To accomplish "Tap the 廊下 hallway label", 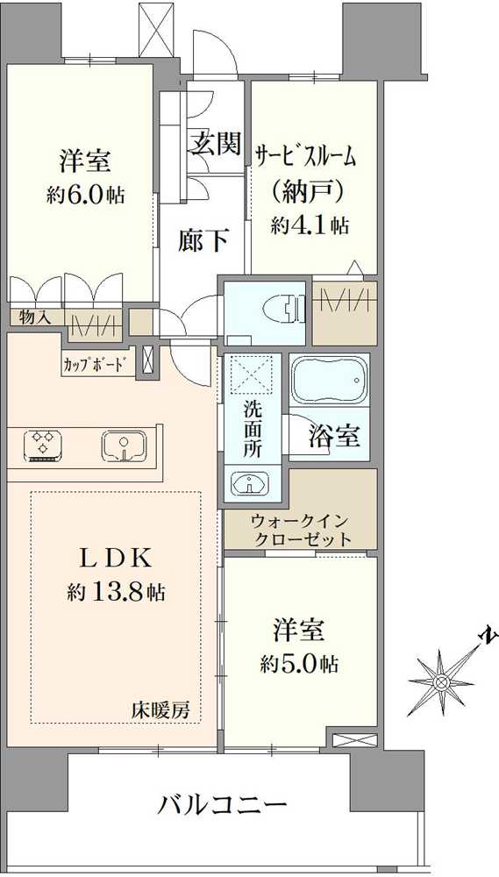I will pyautogui.click(x=204, y=240).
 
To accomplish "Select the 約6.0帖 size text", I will pyautogui.click(x=85, y=196).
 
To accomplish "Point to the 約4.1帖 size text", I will pyautogui.click(x=310, y=225).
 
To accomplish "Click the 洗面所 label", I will pyautogui.click(x=253, y=427).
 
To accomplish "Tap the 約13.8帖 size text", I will pyautogui.click(x=116, y=593).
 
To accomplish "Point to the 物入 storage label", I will pyautogui.click(x=35, y=317).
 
